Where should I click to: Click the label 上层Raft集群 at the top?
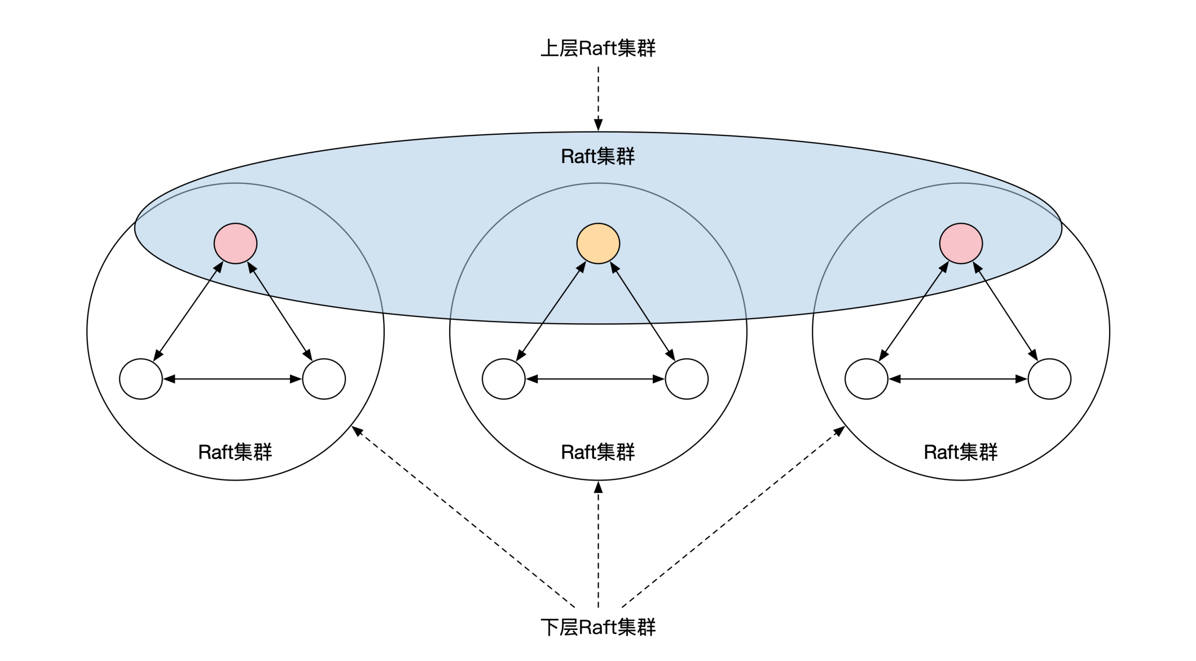[x=598, y=49]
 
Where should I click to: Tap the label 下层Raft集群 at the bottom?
[x=598, y=627]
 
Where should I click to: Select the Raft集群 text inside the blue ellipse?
[x=598, y=156]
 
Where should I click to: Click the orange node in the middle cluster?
[x=598, y=243]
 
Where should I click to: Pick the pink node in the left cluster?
[x=235, y=243]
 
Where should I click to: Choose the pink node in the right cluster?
[x=961, y=243]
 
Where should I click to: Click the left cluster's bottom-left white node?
[x=141, y=379]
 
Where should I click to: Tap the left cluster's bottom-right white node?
[x=324, y=379]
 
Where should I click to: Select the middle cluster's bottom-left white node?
[x=504, y=379]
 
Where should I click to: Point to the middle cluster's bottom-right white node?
[x=687, y=379]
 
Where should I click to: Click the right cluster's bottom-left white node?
[x=867, y=379]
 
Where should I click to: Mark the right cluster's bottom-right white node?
[x=1049, y=379]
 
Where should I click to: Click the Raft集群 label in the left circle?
[x=235, y=452]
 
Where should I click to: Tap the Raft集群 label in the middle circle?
[x=598, y=452]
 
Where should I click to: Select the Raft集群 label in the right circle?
[x=961, y=452]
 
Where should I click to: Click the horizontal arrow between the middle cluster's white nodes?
[x=595, y=379]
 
